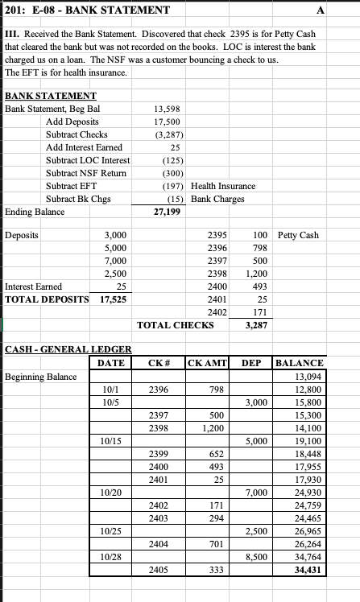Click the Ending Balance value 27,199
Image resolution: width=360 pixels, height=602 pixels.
167,212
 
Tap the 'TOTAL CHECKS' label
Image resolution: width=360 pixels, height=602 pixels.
176,325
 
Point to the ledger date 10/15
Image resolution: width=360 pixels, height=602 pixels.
112,442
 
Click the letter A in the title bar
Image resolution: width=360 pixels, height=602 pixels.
345,10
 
